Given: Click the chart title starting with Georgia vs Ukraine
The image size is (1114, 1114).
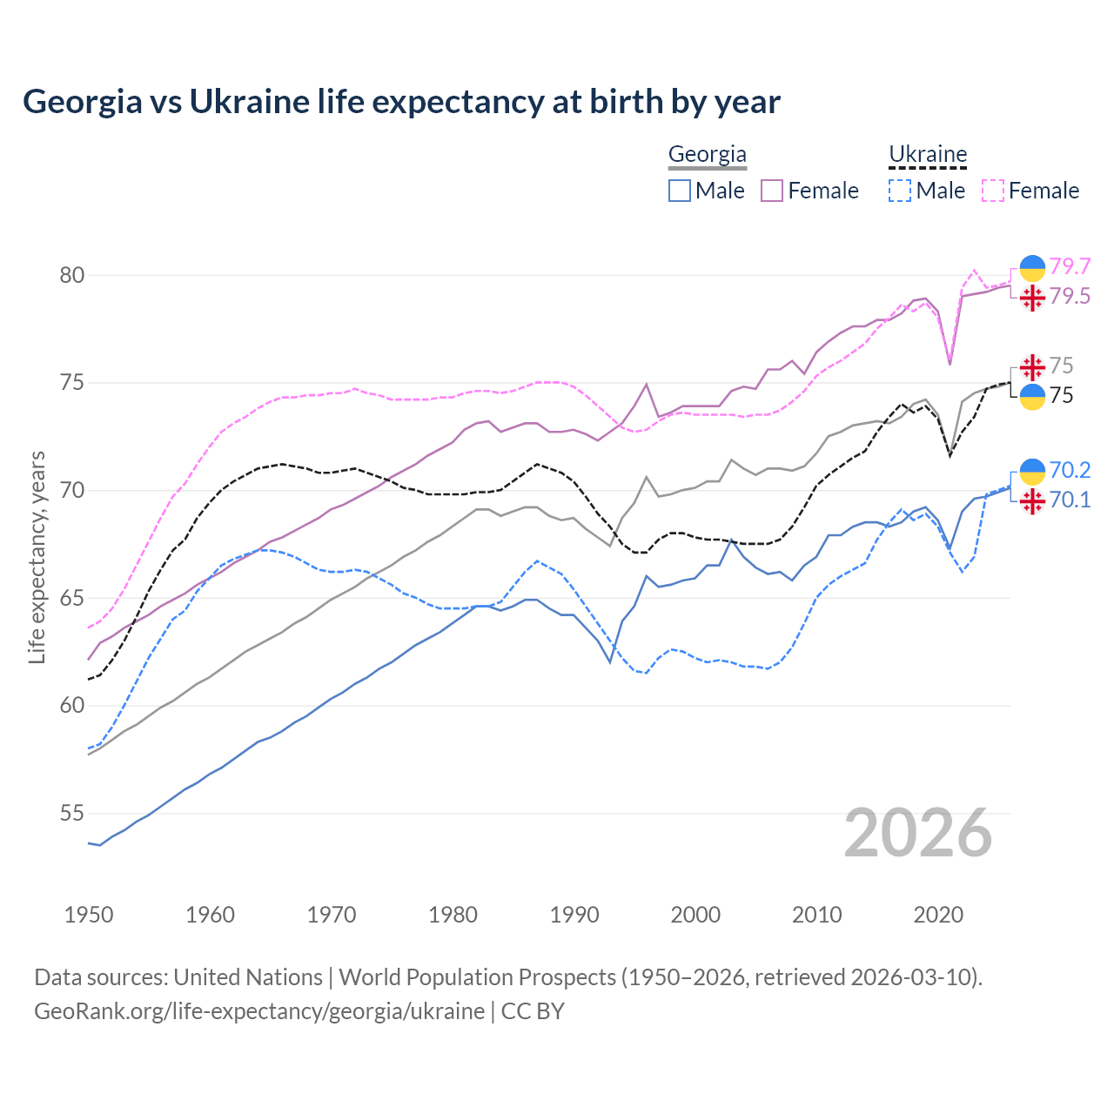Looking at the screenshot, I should pos(401,102).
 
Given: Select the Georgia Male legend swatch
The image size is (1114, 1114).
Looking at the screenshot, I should pos(680,191).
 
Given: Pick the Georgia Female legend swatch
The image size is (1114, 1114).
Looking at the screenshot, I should pos(772,191).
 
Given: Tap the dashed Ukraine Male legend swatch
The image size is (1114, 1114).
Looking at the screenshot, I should pos(900,191).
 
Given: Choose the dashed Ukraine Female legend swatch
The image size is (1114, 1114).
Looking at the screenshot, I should pos(993,191).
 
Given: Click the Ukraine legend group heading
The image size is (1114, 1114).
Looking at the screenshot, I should pos(928,155).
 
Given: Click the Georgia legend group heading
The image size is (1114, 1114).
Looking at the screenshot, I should pos(707,155).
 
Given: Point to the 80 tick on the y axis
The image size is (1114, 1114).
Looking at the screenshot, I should pos(71,276).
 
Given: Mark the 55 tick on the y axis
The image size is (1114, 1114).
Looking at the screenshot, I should pos(71,814).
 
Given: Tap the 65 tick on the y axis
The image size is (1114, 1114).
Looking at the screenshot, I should pos(71,599).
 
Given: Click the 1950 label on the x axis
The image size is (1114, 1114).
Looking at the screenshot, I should pos(89,915).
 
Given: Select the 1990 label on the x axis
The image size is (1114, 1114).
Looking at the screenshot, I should pos(574,915).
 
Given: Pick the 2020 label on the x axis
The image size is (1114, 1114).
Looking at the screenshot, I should pos(938,915).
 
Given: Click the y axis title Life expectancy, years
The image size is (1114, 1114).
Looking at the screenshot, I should pos(37,557).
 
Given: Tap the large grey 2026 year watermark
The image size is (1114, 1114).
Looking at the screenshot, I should pos(918,833).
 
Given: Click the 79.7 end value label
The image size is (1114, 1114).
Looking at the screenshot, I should pos(1070,266).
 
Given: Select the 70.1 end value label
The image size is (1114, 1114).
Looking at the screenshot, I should pos(1070,500).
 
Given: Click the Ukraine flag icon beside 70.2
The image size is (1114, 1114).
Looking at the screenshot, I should pos(1032,471).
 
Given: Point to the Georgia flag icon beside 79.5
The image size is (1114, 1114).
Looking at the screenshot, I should pos(1032,298).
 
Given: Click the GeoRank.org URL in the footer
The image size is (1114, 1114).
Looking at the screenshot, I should pos(259,1011).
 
